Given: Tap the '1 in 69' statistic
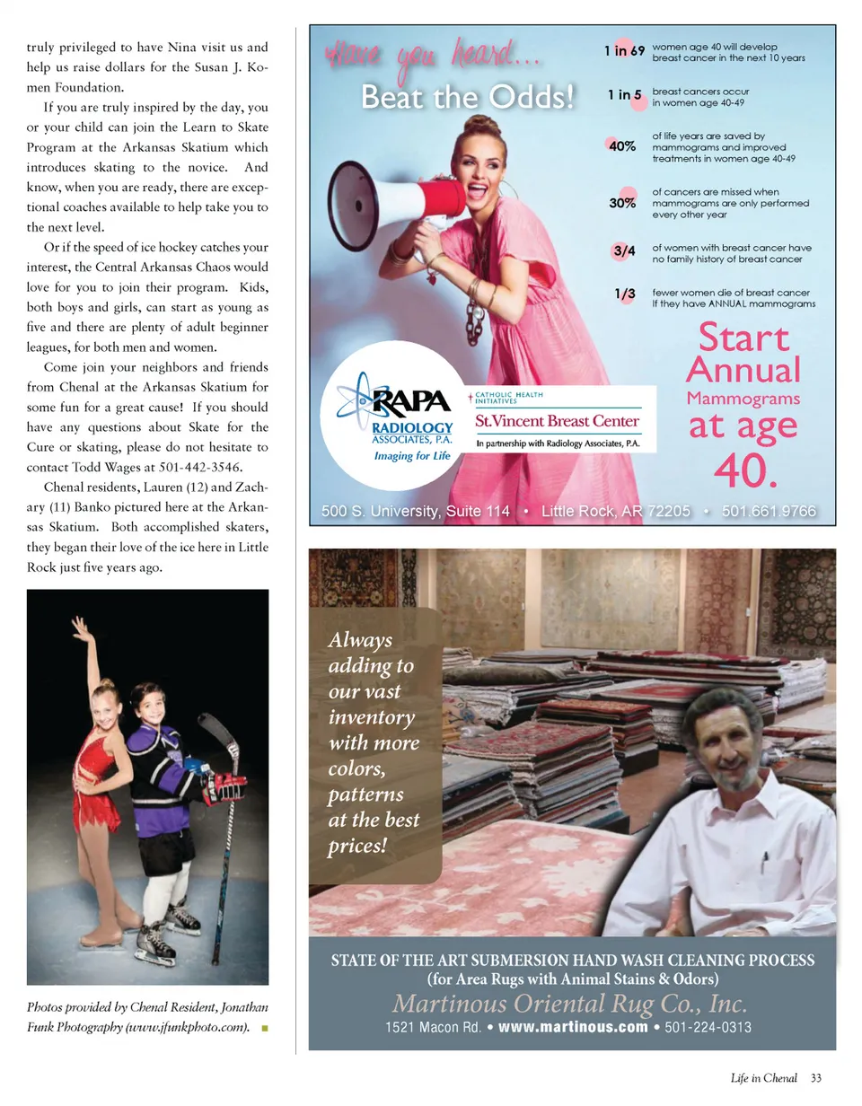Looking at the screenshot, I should click(624, 51).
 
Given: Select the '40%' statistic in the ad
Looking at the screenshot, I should click(622, 146).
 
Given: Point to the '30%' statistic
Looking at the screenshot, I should click(622, 203).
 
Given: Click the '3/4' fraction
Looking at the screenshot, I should click(624, 252).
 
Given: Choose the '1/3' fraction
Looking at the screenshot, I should click(625, 294).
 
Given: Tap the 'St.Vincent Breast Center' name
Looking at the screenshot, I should click(557, 421).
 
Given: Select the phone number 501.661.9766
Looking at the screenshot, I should click(769, 511).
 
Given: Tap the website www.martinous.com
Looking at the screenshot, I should click(572, 1027).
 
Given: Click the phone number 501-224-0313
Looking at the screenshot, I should click(708, 1027).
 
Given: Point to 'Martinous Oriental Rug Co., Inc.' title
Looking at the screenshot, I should click(570, 1004).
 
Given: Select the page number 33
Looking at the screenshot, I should click(815, 1078).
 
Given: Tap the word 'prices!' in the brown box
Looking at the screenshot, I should click(357, 846).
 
